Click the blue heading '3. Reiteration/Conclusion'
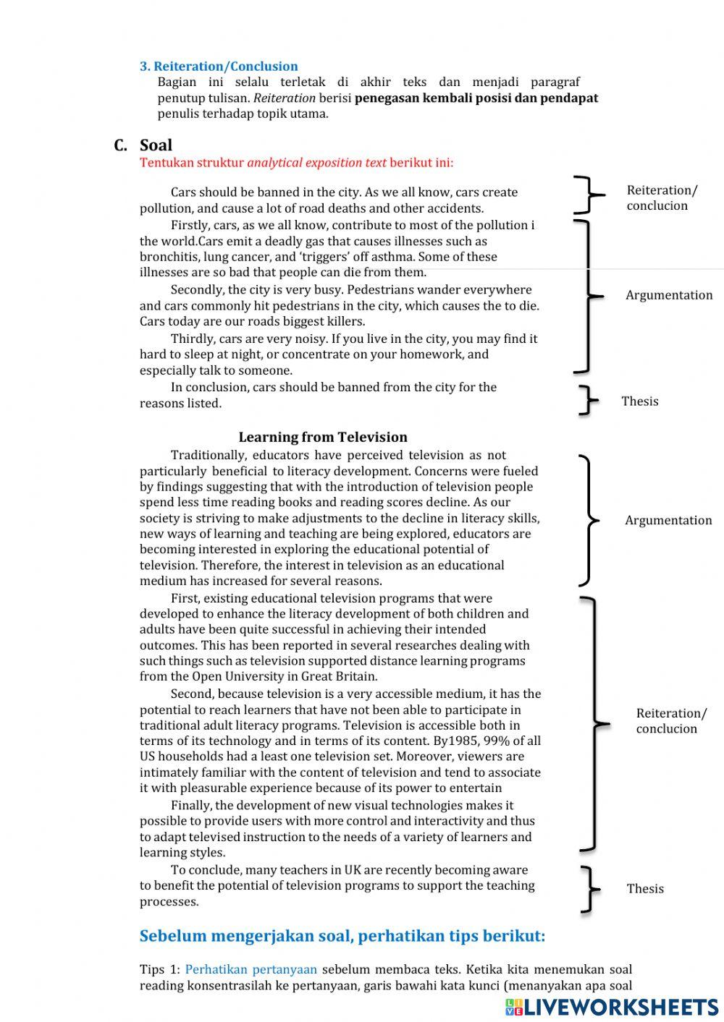(x=219, y=66)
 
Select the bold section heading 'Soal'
(x=156, y=145)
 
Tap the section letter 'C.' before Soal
(x=121, y=145)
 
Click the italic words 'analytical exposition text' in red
(x=316, y=162)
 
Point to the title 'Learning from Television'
(x=323, y=437)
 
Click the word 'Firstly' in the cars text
(x=190, y=225)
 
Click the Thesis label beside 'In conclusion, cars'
(x=640, y=401)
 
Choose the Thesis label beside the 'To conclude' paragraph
(x=645, y=888)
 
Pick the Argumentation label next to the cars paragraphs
(x=669, y=294)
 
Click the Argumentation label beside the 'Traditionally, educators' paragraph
(x=668, y=520)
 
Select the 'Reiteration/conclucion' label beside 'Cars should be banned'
(x=662, y=197)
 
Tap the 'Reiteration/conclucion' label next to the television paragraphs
(x=671, y=720)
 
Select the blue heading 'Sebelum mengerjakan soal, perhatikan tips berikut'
(x=342, y=936)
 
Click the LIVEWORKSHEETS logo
(x=612, y=1006)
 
